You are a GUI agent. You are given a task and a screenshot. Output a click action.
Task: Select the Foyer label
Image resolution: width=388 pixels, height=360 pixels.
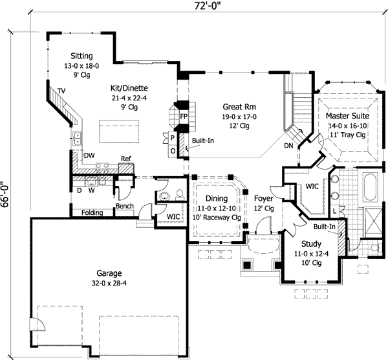coord(263,199)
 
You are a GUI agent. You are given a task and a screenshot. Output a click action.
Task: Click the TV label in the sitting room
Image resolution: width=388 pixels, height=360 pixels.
coord(61,90)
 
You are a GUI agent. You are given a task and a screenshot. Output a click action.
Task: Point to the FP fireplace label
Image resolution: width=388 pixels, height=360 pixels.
coord(184,117)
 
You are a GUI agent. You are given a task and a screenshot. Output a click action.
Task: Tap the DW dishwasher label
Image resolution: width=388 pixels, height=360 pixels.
coord(90,155)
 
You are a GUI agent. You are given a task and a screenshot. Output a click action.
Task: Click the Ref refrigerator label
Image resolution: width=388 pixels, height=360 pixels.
coord(125,159)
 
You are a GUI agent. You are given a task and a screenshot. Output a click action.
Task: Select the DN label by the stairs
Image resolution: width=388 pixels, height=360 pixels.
coord(288,146)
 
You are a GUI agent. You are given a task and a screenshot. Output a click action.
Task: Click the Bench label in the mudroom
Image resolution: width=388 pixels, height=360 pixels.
coord(124,207)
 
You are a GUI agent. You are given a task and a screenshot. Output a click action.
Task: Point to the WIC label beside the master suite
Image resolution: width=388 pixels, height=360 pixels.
coord(312,186)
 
